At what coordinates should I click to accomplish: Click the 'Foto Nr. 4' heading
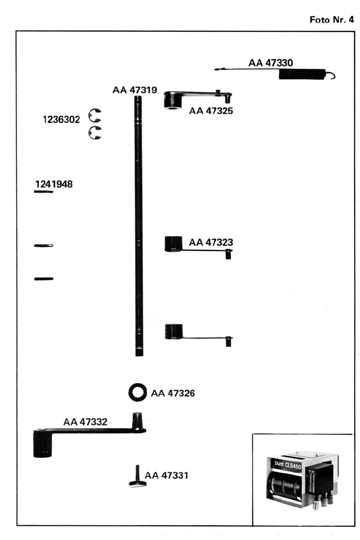(332, 20)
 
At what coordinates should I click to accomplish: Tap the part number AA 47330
(270, 63)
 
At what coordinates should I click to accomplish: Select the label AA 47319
(135, 90)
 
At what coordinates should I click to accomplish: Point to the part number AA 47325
(211, 112)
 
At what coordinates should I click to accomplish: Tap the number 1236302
(62, 119)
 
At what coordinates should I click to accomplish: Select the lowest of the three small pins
(44, 279)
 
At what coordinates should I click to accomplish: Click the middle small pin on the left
(44, 245)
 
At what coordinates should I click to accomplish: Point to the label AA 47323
(211, 242)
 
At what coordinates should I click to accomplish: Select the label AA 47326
(173, 393)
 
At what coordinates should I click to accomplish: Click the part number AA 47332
(85, 422)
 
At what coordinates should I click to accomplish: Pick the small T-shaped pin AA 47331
(136, 478)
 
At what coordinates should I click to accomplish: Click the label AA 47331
(166, 475)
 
